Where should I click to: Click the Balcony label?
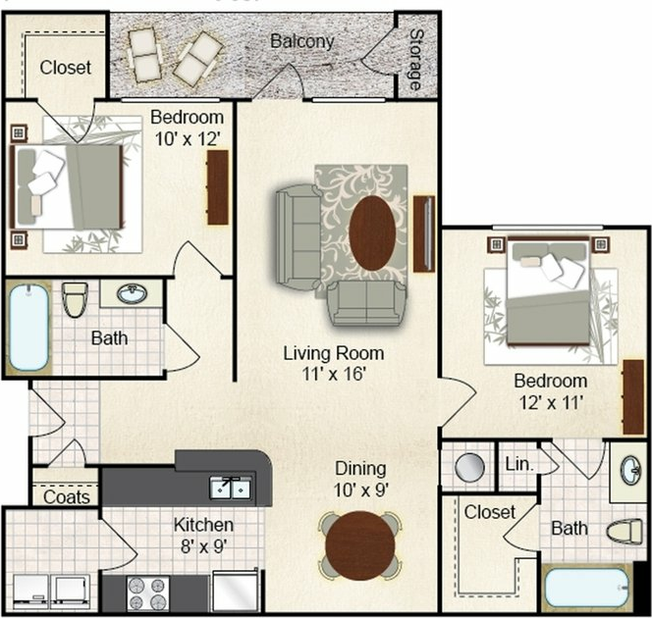tap(301, 41)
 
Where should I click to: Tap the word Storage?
tap(415, 60)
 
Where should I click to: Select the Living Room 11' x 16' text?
tap(334, 363)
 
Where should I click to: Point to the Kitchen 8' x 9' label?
tap(203, 536)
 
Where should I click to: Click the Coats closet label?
tap(66, 496)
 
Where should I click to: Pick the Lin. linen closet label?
tap(519, 464)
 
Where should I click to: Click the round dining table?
tap(360, 545)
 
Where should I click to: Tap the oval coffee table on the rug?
tap(372, 233)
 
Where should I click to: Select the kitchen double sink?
tap(231, 488)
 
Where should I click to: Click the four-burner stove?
tap(147, 593)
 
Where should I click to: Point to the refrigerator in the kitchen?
tap(236, 591)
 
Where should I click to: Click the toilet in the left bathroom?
tap(75, 299)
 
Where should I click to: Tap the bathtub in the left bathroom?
tap(28, 328)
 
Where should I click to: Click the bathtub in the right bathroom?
tap(586, 589)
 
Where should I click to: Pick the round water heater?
tap(470, 467)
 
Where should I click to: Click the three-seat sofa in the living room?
tap(299, 237)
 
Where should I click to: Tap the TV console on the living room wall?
tap(424, 233)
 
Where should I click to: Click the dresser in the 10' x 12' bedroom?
tap(217, 187)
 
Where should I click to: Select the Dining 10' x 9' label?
tap(361, 480)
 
